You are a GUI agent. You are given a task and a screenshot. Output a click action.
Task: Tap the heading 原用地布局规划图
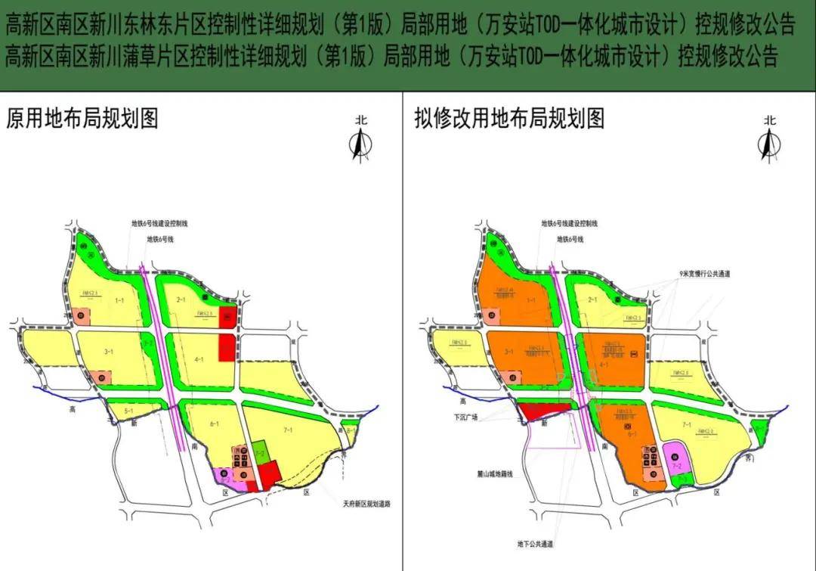pos(82,119)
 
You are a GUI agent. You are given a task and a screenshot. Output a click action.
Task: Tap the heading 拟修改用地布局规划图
pos(508,119)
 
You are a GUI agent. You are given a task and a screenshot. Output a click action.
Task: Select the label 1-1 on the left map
pos(119,301)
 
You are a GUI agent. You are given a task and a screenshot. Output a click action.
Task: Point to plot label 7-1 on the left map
pos(288,430)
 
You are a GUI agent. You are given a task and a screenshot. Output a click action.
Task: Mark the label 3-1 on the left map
pos(109,351)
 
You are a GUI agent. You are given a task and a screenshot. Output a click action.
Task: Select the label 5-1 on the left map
pos(128,411)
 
